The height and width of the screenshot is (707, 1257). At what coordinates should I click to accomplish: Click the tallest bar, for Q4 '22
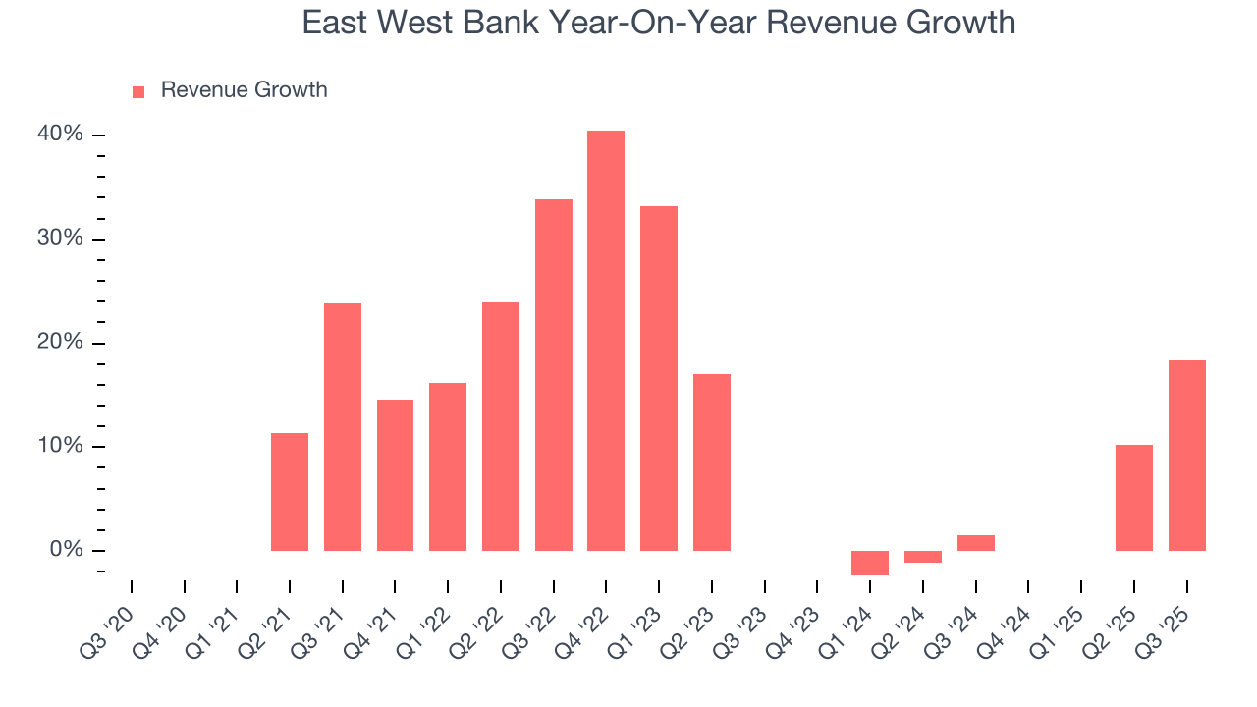(x=606, y=340)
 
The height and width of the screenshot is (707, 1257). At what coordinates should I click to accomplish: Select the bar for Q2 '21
(x=290, y=491)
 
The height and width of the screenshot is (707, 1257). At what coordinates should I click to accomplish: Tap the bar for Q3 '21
(x=343, y=426)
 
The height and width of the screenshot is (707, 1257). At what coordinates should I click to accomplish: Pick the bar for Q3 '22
(x=553, y=374)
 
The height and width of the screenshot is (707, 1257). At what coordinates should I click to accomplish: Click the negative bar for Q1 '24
(x=870, y=563)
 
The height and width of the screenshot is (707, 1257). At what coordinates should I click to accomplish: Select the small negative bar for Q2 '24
(x=923, y=557)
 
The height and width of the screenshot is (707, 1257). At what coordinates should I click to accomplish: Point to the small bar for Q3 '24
(x=975, y=543)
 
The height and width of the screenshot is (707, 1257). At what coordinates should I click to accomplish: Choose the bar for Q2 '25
(x=1134, y=497)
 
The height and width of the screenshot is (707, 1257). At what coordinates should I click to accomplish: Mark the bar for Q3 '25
(x=1187, y=455)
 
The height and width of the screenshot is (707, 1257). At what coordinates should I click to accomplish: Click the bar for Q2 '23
(x=712, y=462)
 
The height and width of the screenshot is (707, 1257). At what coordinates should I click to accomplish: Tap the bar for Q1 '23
(x=659, y=378)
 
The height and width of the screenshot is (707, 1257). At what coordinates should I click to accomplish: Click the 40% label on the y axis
(x=61, y=135)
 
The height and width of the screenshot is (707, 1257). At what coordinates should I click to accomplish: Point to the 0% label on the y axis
(x=67, y=550)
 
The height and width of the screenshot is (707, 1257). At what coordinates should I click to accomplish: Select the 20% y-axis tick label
(x=61, y=343)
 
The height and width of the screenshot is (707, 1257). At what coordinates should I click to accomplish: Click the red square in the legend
(x=138, y=92)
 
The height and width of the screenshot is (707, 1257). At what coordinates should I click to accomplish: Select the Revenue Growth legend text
(x=244, y=90)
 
